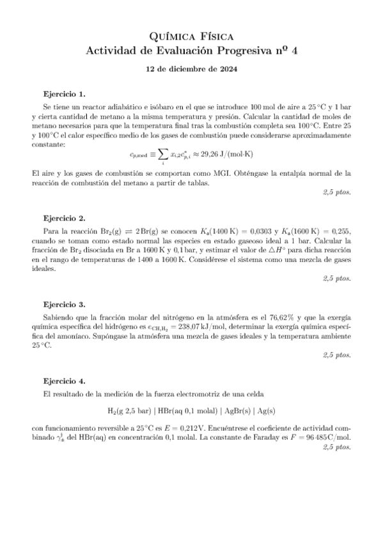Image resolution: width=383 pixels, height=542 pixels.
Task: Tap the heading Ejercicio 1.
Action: point(64,93)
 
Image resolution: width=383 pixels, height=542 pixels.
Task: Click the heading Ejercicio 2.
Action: point(64,218)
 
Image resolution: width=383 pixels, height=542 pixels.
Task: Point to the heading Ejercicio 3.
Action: point(64,304)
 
